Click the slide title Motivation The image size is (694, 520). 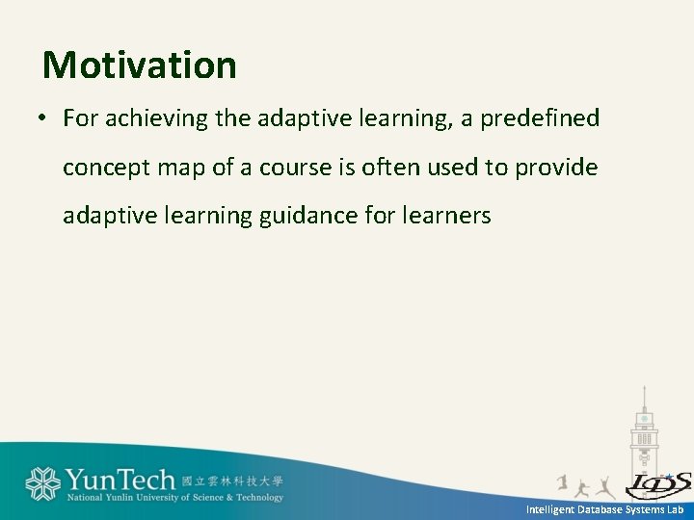click(x=140, y=65)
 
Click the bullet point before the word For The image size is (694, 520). click(x=43, y=119)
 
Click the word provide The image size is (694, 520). click(x=556, y=168)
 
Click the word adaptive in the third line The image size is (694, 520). click(x=109, y=217)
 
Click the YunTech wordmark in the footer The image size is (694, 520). click(x=120, y=480)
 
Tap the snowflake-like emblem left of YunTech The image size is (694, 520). click(x=42, y=484)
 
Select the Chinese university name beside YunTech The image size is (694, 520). click(x=232, y=480)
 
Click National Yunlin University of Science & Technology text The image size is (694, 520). click(x=175, y=498)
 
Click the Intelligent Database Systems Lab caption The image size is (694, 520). click(x=604, y=508)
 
